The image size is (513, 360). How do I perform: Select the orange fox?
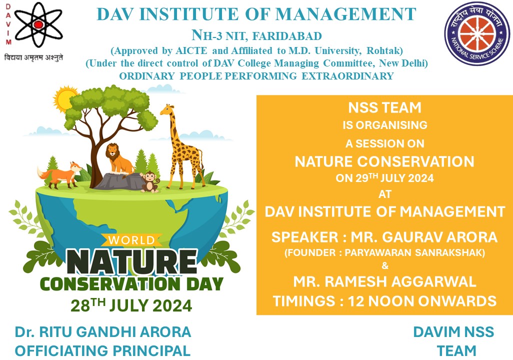[x=60, y=175]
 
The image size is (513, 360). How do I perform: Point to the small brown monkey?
[x=150, y=182]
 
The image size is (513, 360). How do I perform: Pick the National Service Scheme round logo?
[x=476, y=33]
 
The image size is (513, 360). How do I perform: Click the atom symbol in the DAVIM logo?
[x=38, y=24]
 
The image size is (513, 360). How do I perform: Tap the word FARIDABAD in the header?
[x=287, y=36]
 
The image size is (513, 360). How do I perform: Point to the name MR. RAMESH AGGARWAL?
[x=384, y=282]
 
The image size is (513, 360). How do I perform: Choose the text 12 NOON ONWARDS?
[x=422, y=301]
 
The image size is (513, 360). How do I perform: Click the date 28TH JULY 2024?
[x=131, y=305]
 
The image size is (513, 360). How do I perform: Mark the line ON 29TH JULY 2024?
[x=384, y=177]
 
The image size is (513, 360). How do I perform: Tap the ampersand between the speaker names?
[x=385, y=265]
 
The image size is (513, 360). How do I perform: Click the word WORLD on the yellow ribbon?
[x=131, y=240]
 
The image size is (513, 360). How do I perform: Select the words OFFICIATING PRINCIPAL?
[x=102, y=351]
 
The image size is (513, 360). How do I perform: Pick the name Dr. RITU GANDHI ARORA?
[x=103, y=332]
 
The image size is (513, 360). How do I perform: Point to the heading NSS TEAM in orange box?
[x=385, y=107]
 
